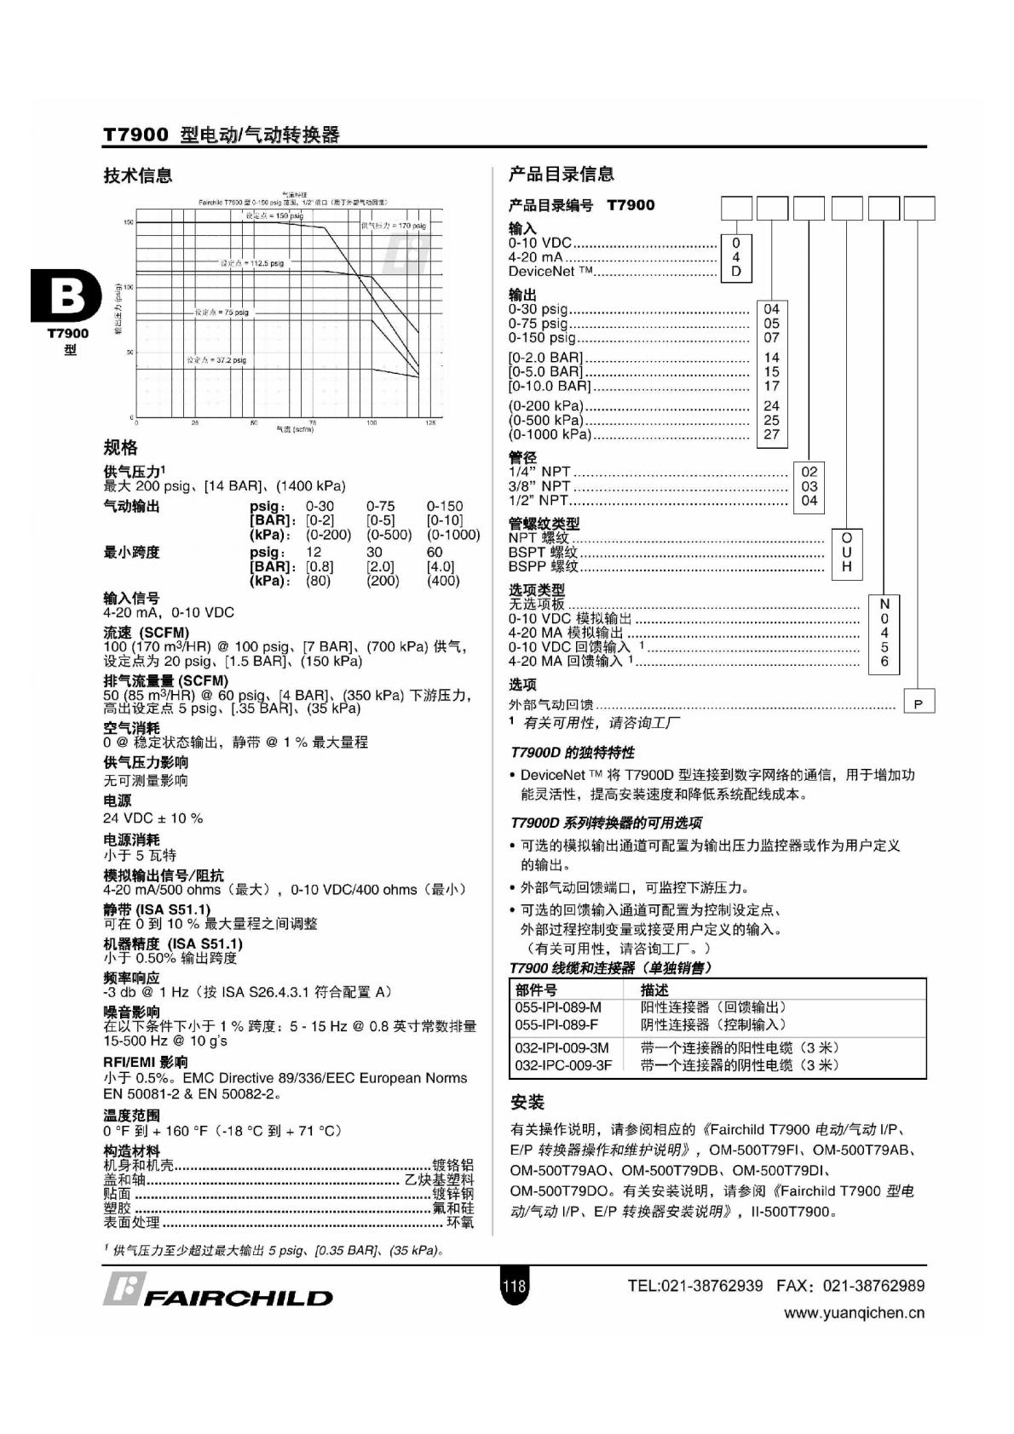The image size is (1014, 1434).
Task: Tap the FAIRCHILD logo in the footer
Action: point(218,1292)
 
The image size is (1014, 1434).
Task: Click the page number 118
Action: point(515,1286)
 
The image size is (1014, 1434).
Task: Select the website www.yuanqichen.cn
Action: point(854,1313)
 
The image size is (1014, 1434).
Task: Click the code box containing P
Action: point(918,704)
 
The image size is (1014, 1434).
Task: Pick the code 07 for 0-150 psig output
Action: point(771,337)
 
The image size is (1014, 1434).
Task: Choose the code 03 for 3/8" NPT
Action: point(809,486)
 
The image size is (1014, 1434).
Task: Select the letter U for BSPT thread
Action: point(846,552)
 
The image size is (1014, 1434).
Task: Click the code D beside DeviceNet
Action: point(736,272)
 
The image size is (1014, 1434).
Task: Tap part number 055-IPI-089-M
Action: point(558,1007)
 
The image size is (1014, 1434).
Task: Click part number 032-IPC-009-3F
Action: point(563,1065)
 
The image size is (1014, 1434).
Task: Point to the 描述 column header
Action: point(654,990)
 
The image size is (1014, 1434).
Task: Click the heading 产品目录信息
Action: point(562,175)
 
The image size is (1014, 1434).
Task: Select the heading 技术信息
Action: point(138,175)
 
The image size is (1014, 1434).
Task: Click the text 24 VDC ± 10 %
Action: point(153,818)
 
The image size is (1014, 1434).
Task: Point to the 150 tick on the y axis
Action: point(129,222)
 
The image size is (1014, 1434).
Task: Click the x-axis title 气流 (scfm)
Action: point(295,429)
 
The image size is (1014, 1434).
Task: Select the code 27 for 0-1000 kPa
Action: point(771,434)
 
